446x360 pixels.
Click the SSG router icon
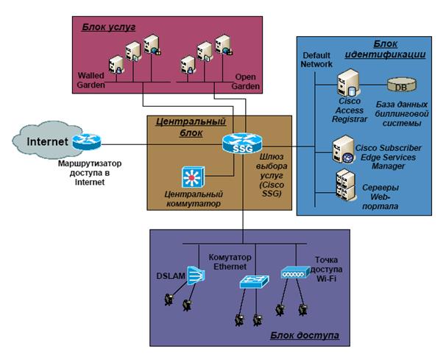tap(242, 143)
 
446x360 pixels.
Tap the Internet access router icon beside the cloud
tap(86, 141)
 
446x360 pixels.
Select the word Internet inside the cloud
tap(48, 141)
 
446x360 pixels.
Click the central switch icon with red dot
tap(193, 177)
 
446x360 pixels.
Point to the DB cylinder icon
tap(401, 84)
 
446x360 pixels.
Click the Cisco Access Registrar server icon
tap(348, 82)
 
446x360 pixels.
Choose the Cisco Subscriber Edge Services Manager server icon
tap(344, 149)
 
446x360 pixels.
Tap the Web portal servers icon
tap(345, 185)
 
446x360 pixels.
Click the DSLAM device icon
tap(196, 275)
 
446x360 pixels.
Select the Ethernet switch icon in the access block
tap(254, 281)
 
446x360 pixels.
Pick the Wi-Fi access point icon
tap(295, 272)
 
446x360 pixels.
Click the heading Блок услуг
tap(109, 27)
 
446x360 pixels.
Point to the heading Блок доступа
tap(305, 335)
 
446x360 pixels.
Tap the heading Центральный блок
tap(191, 127)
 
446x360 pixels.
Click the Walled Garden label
tap(91, 80)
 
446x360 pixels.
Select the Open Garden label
tap(245, 82)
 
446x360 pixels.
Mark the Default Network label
tap(316, 60)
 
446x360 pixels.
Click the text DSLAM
tap(171, 276)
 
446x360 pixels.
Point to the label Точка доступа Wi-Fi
tap(326, 269)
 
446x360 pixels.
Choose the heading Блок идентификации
tap(386, 49)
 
